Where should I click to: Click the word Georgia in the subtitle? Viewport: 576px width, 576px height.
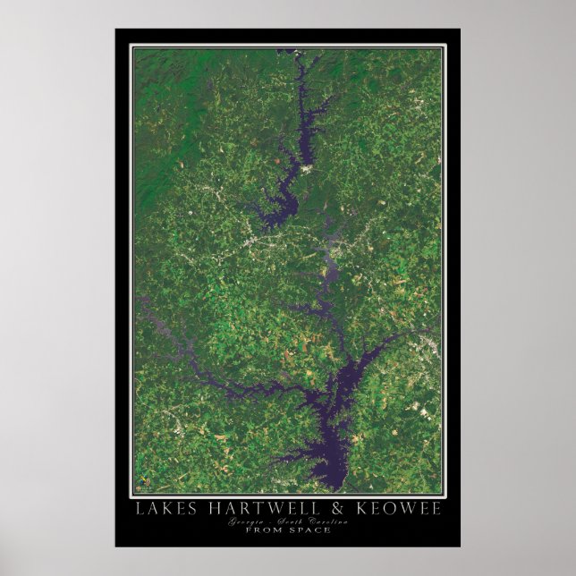247,521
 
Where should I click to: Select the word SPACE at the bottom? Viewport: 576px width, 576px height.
310,529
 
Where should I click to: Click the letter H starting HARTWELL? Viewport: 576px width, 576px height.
199,509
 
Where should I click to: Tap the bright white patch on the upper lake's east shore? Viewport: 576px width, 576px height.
309,168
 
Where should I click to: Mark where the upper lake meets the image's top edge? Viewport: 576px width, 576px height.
295,52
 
